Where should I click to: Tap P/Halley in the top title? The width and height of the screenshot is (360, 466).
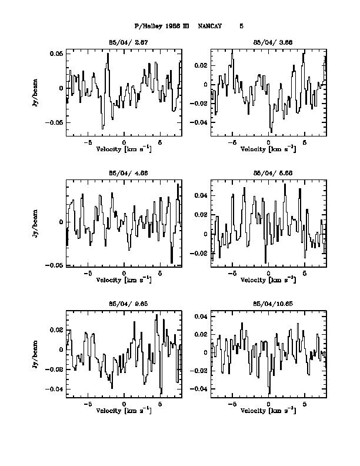pos(147,26)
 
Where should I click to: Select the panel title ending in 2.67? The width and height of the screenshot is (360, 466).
pos(124,43)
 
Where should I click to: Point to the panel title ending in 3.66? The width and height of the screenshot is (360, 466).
pos(268,43)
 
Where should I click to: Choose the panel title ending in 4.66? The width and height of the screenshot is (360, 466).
pos(124,174)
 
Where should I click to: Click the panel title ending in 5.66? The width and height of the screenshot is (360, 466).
pos(268,174)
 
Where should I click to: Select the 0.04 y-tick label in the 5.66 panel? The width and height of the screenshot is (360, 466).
pos(200,195)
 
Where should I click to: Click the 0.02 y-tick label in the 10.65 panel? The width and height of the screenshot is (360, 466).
pos(200,335)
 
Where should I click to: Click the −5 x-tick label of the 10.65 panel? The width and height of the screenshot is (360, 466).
pos(232,405)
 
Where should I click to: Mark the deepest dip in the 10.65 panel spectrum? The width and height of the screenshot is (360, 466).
pos(269,392)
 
